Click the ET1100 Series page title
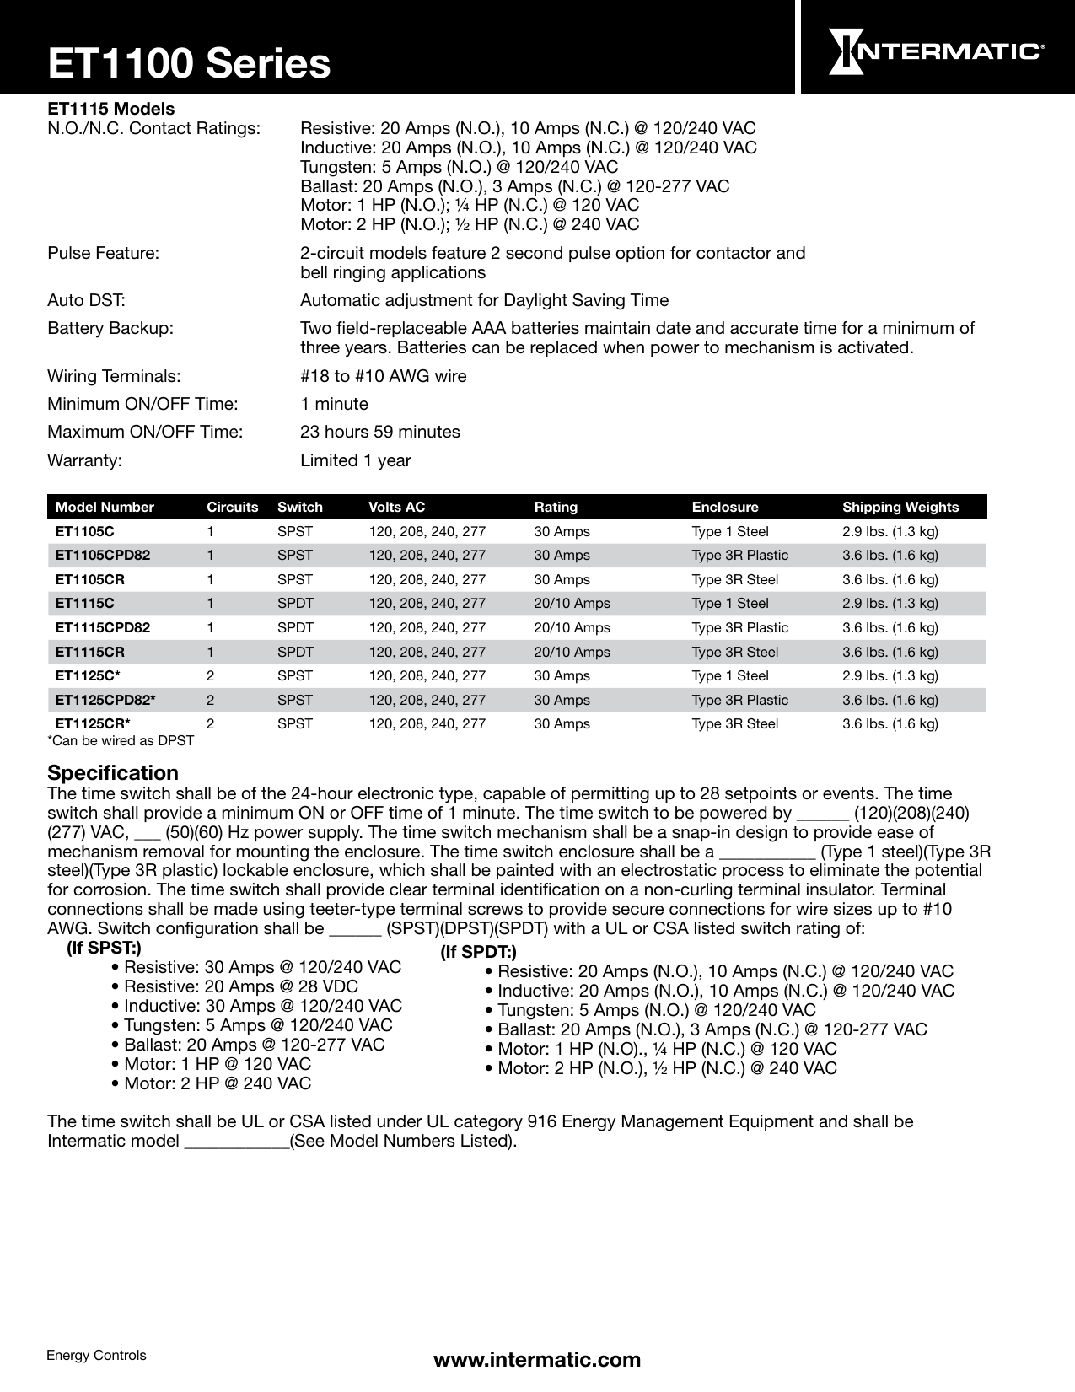coord(189,64)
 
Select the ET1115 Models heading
coord(110,109)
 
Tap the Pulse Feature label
coord(103,253)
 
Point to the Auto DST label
coord(86,300)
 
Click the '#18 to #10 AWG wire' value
coord(383,376)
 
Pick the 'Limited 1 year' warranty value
coord(355,460)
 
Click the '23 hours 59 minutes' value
coord(379,433)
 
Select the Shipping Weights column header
coord(900,507)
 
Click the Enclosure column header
coord(724,507)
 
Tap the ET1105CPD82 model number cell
coord(103,556)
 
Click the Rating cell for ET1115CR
coord(572,652)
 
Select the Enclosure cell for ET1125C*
coord(729,675)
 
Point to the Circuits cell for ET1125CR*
coord(210,723)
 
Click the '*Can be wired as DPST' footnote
coord(121,740)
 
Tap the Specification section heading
coord(113,772)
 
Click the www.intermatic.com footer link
coord(536,1359)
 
